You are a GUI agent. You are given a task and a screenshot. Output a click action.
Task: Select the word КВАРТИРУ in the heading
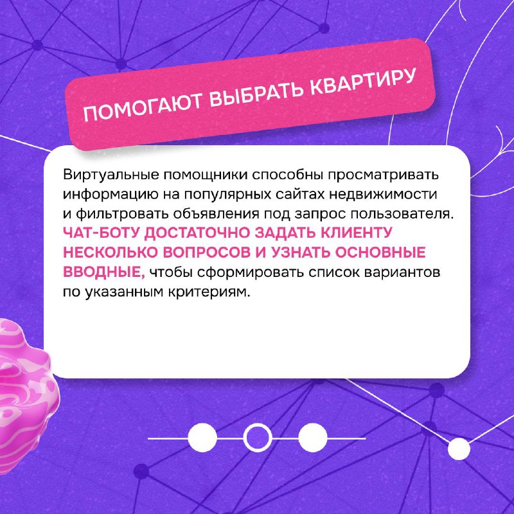coord(363,82)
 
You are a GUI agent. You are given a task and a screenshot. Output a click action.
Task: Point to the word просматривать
coord(383,175)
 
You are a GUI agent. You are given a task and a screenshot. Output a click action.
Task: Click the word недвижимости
coord(383,194)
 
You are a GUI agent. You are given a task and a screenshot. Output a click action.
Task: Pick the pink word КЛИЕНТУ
coord(356,233)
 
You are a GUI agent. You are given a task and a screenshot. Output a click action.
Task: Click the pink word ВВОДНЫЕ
coord(103,272)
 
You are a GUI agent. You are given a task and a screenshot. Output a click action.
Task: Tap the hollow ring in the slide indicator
coord(258,438)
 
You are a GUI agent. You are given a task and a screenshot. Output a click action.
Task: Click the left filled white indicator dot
coord(202,438)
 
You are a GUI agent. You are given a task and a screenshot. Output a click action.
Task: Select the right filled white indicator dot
coord(313,438)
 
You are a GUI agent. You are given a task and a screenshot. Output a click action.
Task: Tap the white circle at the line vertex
coord(459,448)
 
